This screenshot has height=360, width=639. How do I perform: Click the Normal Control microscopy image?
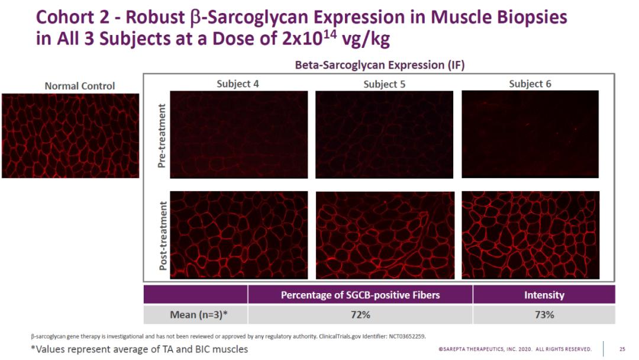tap(70, 136)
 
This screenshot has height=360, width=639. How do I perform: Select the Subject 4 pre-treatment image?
tap(238, 134)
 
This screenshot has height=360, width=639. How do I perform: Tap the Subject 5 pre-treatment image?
tap(384, 134)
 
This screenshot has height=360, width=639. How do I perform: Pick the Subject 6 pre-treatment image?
tap(530, 134)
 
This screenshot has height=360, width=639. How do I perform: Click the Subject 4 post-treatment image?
tap(238, 234)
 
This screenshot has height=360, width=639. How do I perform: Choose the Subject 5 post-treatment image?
tap(384, 234)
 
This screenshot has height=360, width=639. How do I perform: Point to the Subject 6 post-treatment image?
tap(530, 234)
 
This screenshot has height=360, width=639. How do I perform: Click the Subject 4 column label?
tap(238, 83)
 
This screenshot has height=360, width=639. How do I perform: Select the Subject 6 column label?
tap(530, 83)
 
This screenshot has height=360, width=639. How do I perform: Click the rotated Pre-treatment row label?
tap(162, 136)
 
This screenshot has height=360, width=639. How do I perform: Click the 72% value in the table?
tap(360, 315)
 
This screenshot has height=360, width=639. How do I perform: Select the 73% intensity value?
tap(544, 315)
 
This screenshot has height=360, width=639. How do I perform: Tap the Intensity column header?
tap(544, 295)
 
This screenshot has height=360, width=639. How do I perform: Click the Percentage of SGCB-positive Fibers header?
tap(360, 295)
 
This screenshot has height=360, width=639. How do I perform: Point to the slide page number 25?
tap(622, 349)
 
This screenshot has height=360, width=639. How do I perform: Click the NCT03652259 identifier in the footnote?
tap(406, 336)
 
